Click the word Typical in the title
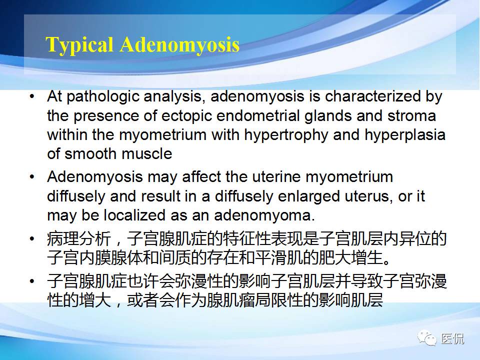79,45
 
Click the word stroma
411,116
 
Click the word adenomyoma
264,216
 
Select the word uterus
368,196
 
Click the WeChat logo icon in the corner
427,338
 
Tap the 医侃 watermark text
452,338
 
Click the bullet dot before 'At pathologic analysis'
32,96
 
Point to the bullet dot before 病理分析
32,239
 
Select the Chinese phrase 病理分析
79,239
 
